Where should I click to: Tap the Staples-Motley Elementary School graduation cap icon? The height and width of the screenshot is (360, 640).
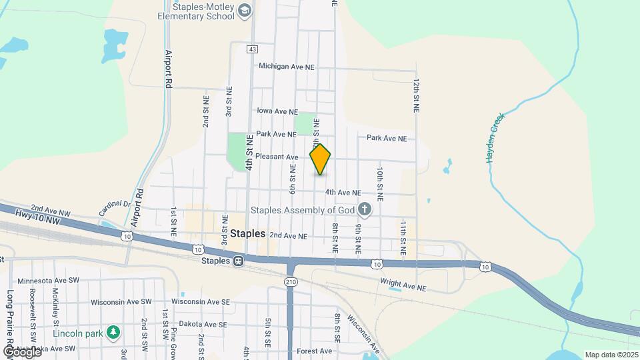pyautogui.click(x=245, y=10)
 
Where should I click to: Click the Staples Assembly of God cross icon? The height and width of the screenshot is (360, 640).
pyautogui.click(x=364, y=210)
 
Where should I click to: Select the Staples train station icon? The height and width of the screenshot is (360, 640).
pyautogui.click(x=237, y=261)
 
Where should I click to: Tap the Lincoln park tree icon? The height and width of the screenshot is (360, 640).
pyautogui.click(x=113, y=331)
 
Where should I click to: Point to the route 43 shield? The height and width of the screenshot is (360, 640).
pyautogui.click(x=251, y=49)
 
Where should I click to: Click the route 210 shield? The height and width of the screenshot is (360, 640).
pyautogui.click(x=291, y=282)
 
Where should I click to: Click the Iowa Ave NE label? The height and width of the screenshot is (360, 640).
pyautogui.click(x=277, y=112)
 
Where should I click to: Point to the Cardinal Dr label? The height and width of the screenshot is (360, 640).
pyautogui.click(x=115, y=205)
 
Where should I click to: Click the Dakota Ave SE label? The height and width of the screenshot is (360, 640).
pyautogui.click(x=199, y=324)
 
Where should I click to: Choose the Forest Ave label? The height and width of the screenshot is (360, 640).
pyautogui.click(x=314, y=351)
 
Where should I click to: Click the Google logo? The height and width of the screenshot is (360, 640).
pyautogui.click(x=21, y=351)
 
